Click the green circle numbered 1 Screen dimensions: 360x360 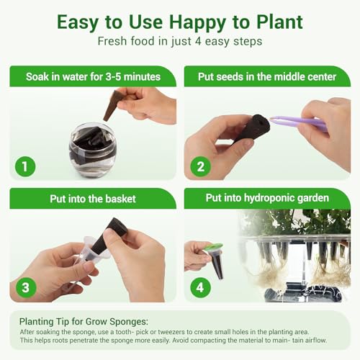25,166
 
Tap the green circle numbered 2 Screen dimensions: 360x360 201,166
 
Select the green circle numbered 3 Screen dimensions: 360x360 26,287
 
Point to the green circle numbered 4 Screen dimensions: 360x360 200,287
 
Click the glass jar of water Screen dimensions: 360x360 93,150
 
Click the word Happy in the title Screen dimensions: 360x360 197,22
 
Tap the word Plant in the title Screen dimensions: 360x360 279,22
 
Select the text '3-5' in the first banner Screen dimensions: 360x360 113,77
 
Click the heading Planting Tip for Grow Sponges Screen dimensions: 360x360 84,321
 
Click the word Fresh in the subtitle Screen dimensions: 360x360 112,41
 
